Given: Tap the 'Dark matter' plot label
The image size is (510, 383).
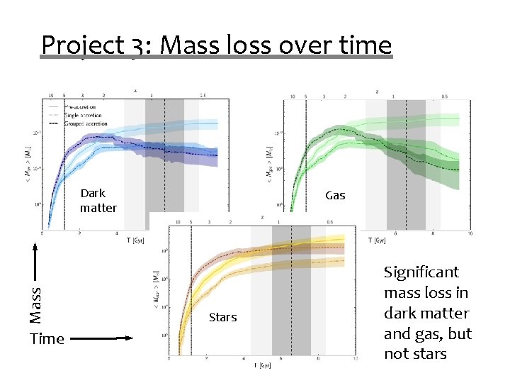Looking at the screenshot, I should (98, 201).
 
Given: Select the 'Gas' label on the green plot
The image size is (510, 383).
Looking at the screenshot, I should (335, 195).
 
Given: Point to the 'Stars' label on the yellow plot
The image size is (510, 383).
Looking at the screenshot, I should (222, 318).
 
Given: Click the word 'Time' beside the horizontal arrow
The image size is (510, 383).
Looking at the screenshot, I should (47, 339).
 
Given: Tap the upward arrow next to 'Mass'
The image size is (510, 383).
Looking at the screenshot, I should (35, 262).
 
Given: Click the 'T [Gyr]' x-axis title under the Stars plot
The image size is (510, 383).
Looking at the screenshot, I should (263, 366).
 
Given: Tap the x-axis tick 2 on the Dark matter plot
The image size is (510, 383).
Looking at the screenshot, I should (79, 233).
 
